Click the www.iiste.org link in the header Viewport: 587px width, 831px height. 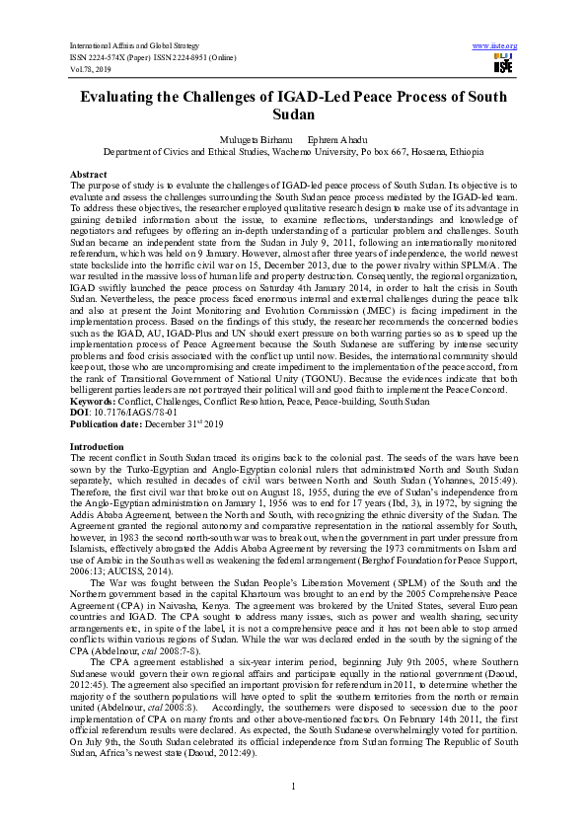pos(495,45)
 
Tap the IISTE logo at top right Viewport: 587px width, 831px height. pos(503,64)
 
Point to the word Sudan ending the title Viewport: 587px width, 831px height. pos(293,116)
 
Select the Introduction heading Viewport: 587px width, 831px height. pos(98,447)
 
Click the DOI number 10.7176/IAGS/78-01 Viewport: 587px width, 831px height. pos(133,413)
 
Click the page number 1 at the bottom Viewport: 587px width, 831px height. pos(294,785)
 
